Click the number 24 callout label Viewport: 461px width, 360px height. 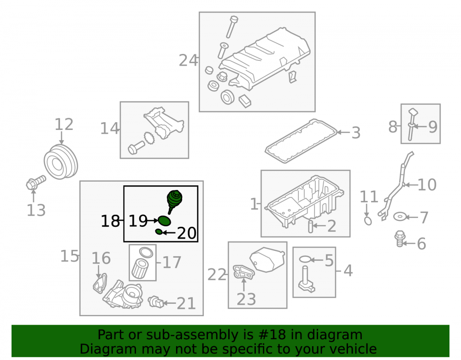coord(188,60)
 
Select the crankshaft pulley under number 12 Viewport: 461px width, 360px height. coord(61,162)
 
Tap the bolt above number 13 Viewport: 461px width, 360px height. coord(36,183)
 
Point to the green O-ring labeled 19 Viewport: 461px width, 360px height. coord(165,220)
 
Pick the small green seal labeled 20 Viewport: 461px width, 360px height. coord(159,232)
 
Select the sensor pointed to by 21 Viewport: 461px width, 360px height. coord(156,302)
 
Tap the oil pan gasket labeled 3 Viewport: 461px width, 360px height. coord(301,141)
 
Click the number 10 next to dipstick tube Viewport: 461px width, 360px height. coord(427,185)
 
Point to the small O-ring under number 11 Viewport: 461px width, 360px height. coord(368,220)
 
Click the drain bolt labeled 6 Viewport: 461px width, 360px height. coord(400,239)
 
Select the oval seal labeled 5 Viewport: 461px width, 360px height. coord(305,260)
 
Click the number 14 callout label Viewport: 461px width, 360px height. coord(109,129)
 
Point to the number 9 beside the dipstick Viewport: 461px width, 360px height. coord(432,127)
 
